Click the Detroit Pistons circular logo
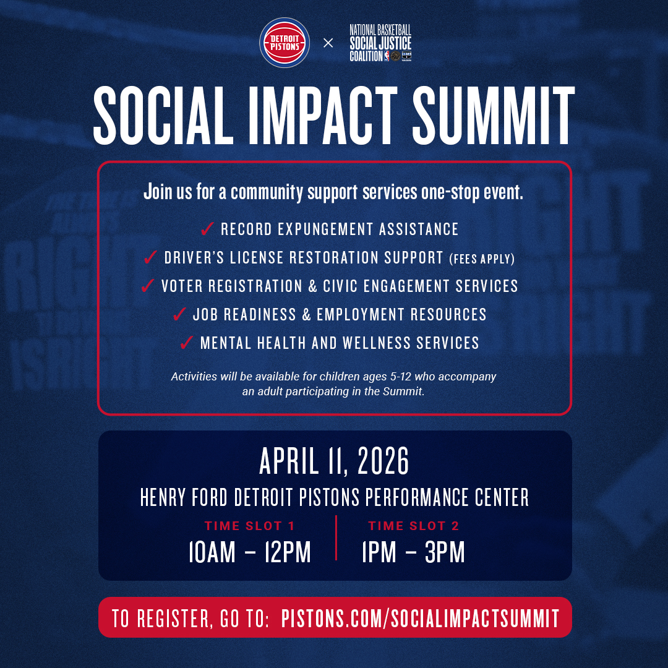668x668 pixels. coord(285,43)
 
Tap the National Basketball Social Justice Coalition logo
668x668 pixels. coord(380,43)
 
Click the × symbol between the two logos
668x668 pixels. coord(328,43)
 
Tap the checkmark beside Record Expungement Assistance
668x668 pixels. coord(207,229)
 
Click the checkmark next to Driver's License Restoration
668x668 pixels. coord(150,257)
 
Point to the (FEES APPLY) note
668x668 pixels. coord(482,259)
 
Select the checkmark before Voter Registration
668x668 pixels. coord(147,286)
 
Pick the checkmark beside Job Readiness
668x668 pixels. coord(179,314)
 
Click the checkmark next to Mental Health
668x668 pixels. coord(187,343)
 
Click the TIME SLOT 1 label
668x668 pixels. coord(249,526)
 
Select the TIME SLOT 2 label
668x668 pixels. coord(413,526)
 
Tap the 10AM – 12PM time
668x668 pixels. coord(250,552)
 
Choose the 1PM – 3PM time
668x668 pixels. coord(413,552)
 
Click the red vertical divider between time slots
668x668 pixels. coord(336,537)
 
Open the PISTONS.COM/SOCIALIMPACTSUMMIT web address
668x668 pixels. coord(420,618)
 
